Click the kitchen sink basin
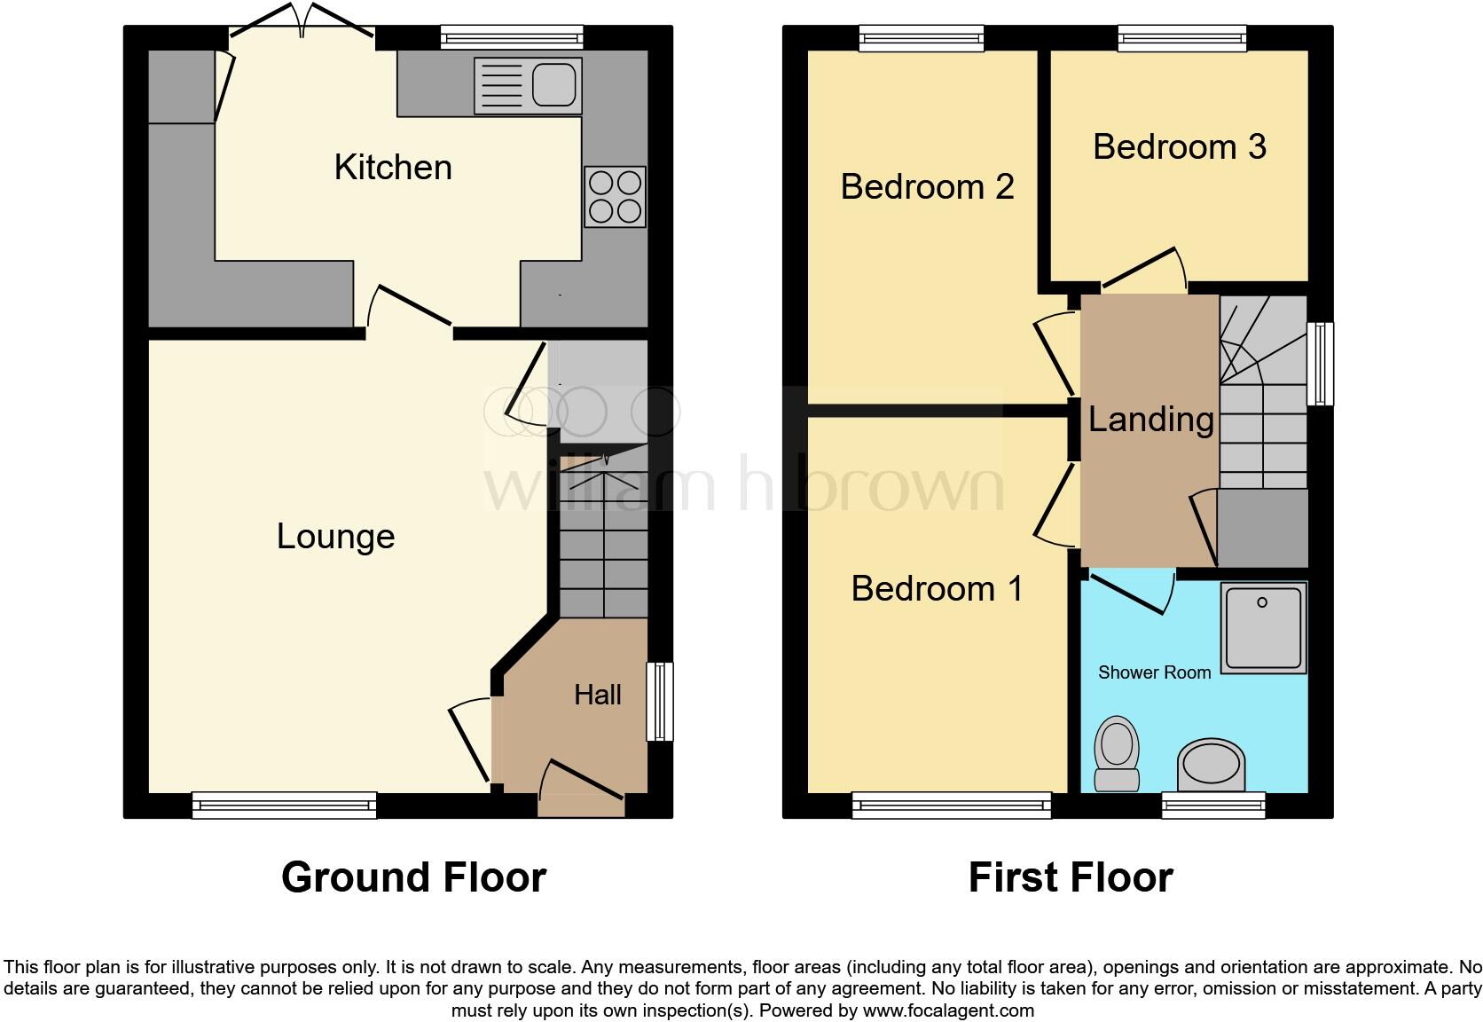[x=555, y=85]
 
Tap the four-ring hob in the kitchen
[x=615, y=197]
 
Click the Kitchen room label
[x=393, y=167]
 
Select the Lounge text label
[x=335, y=536]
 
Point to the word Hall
[x=597, y=695]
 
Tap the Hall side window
[x=659, y=701]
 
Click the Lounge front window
[x=284, y=805]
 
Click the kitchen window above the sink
[x=513, y=37]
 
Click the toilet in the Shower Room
[x=1117, y=754]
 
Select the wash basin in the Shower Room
[x=1211, y=765]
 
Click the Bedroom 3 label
[x=1179, y=146]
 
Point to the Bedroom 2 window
[x=922, y=37]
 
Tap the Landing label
[x=1150, y=419]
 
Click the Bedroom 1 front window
[x=951, y=805]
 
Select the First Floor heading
[x=1070, y=877]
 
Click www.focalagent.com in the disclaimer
[x=947, y=1010]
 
